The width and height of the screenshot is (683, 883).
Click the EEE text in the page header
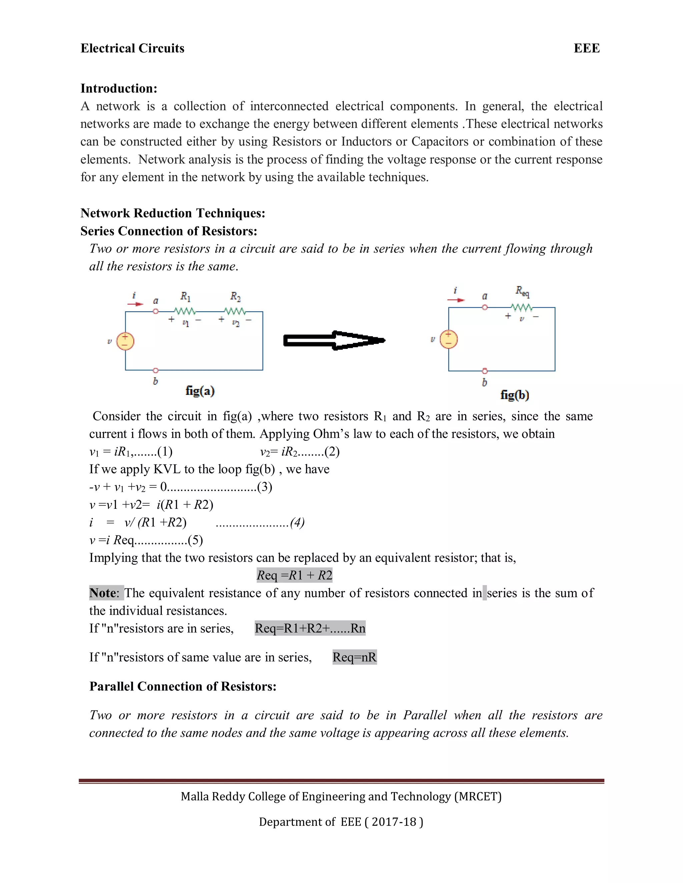[586, 48]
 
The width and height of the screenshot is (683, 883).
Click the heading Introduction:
[118, 88]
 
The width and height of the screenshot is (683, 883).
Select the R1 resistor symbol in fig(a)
[185, 311]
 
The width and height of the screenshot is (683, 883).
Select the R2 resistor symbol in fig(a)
[235, 311]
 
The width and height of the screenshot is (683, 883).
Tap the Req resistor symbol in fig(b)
[522, 307]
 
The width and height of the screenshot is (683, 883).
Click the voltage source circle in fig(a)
[125, 341]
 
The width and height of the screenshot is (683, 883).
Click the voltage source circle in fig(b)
[448, 339]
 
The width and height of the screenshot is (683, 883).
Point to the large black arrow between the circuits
[334, 341]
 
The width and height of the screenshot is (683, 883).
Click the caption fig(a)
[200, 391]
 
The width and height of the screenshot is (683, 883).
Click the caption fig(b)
[515, 395]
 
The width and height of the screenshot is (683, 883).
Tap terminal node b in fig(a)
[155, 370]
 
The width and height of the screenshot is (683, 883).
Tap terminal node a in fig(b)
[485, 307]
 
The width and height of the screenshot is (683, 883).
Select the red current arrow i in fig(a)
[135, 304]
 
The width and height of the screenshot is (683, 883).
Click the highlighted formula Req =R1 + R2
[294, 575]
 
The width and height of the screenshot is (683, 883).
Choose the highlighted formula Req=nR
[355, 657]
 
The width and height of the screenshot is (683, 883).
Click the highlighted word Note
[103, 593]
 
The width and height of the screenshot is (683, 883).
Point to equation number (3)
[264, 486]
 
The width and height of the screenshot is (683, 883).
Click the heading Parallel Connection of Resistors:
[183, 686]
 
